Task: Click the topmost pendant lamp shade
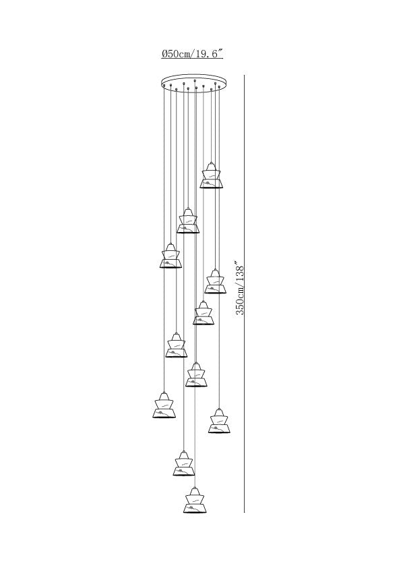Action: pos(212,175)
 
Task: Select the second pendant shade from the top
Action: pos(188,220)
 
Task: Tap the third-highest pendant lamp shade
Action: pos(171,256)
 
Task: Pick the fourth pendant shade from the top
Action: pos(216,281)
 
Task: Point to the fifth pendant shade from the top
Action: pos(204,312)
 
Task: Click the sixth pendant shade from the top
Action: pos(177,345)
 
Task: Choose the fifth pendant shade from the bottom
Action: pos(196,374)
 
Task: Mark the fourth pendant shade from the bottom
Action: pos(164,405)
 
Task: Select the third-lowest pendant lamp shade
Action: pos(219,421)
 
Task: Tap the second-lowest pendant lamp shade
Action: pos(184,463)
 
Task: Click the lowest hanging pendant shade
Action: pos(195,501)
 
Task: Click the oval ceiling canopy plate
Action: pos(195,82)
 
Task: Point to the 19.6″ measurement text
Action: pos(209,54)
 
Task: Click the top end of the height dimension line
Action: pos(244,76)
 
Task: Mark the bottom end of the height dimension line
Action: pos(244,512)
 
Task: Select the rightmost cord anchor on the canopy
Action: pos(219,87)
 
